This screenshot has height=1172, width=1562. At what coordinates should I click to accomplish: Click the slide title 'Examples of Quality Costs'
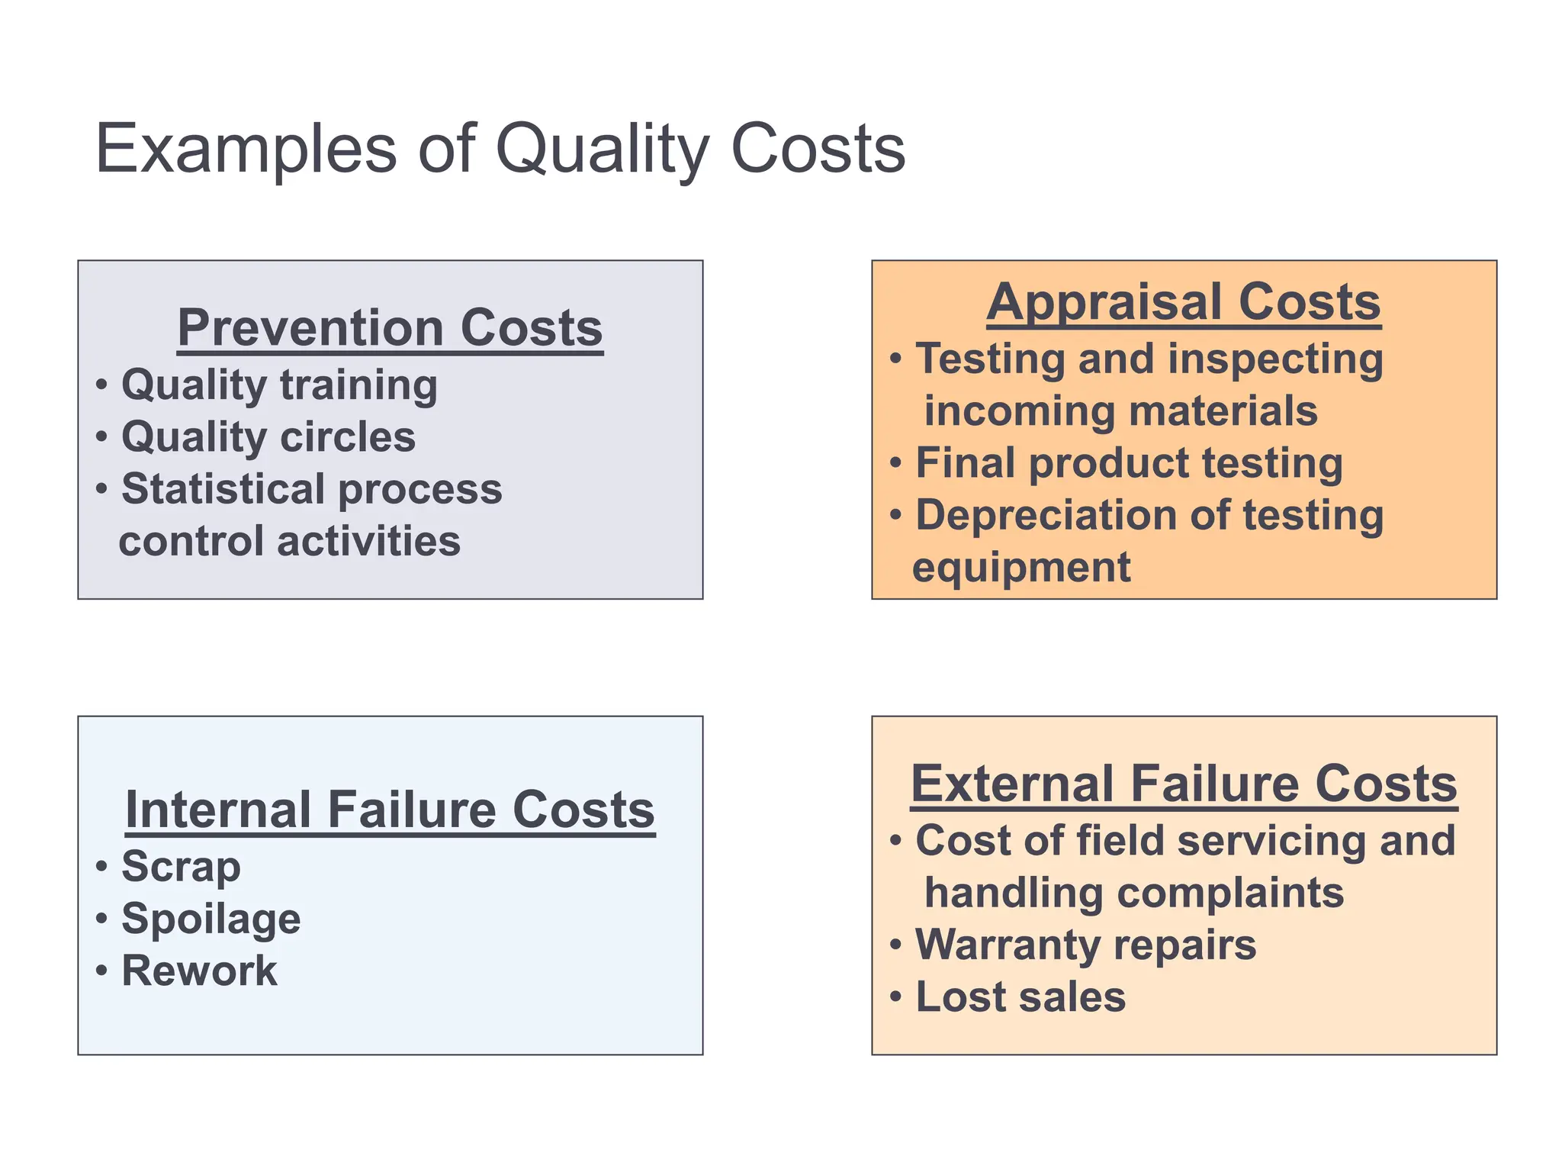500,149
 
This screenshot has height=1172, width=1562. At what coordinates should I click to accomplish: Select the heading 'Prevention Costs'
390,328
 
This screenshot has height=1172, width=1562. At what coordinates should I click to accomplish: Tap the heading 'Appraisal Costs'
1183,302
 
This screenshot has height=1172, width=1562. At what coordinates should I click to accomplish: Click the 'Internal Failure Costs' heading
390,810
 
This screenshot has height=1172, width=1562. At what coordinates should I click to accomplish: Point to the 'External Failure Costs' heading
1184,784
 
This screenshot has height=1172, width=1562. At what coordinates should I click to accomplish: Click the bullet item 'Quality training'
279,385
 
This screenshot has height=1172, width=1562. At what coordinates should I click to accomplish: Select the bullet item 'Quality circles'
268,437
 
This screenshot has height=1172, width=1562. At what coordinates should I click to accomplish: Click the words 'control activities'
290,541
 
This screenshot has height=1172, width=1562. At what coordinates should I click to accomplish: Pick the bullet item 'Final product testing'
1129,463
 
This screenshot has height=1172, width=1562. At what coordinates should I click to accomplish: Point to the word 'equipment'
1021,568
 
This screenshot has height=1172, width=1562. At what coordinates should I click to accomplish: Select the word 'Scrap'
181,867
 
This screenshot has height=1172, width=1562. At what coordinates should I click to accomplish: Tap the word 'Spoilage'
211,919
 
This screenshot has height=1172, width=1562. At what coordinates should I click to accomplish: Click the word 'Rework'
199,971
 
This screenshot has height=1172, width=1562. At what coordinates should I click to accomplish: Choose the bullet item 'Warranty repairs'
1085,945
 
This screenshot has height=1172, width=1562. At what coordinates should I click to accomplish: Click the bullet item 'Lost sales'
1020,997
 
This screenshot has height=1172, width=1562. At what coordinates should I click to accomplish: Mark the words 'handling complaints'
1133,893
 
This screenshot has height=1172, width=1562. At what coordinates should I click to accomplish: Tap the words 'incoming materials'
1120,411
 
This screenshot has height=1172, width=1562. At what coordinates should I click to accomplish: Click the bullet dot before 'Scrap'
101,867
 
